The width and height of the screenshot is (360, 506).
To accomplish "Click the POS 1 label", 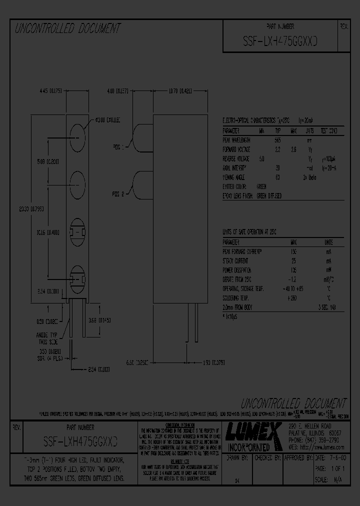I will coord(120,148).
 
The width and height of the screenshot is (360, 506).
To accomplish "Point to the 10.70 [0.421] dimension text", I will coord(180,91).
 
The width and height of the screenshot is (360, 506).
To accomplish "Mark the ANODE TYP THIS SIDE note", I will coord(48,339).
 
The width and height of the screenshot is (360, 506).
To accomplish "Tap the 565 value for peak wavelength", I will coord(277,140).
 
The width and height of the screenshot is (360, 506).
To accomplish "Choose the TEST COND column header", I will coord(328,131).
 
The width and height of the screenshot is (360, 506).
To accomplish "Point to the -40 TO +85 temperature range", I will coord(293,289).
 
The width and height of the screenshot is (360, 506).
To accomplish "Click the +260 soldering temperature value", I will coord(293,298).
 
